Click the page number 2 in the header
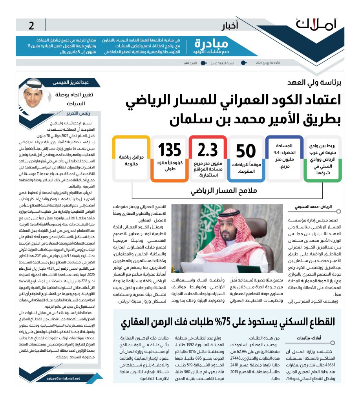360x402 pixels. pyautogui.click(x=31, y=26)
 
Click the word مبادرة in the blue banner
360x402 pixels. pyautogui.click(x=212, y=43)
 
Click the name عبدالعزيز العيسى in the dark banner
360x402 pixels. pyautogui.click(x=69, y=83)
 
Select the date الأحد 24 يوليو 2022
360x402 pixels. pyautogui.click(x=272, y=63)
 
